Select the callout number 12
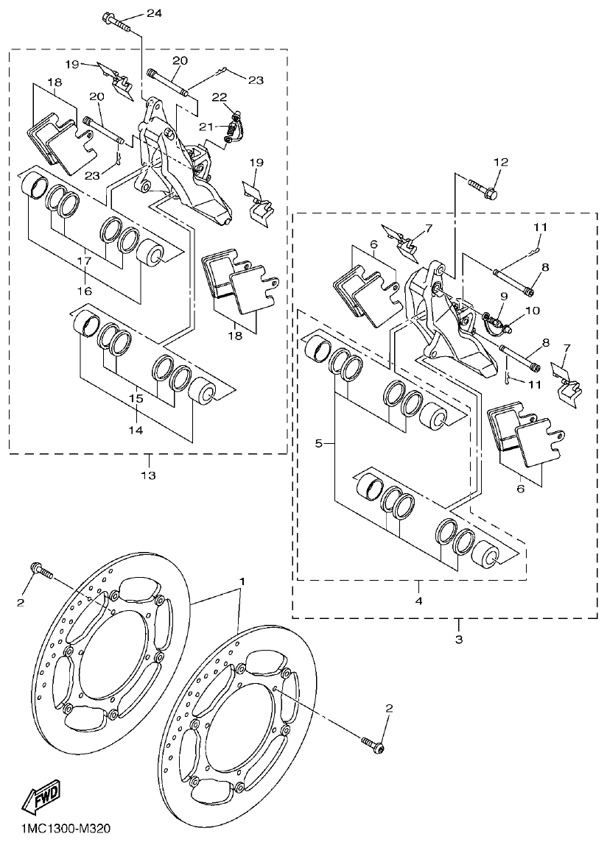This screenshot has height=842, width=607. (x=501, y=162)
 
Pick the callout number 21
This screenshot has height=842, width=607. (x=207, y=127)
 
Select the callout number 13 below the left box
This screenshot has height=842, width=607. (x=148, y=475)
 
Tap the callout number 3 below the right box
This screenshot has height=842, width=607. (x=458, y=640)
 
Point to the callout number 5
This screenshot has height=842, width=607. (x=318, y=444)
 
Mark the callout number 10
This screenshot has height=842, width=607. (x=533, y=311)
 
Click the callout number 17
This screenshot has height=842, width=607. (x=85, y=261)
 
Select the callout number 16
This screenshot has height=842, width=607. (x=85, y=291)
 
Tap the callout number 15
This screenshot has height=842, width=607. (x=137, y=398)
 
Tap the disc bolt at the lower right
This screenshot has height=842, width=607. (x=372, y=744)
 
